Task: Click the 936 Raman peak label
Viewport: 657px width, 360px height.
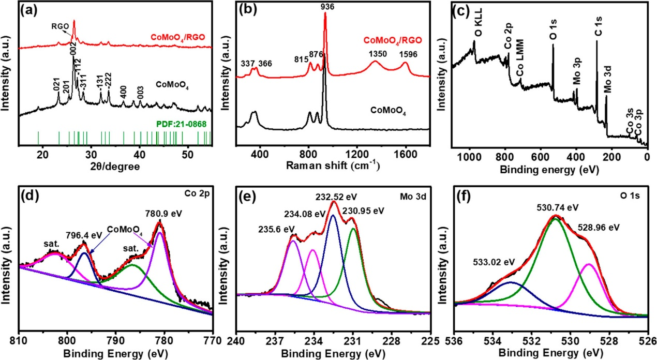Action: [325, 6]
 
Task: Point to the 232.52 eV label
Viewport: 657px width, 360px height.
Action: [337, 197]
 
